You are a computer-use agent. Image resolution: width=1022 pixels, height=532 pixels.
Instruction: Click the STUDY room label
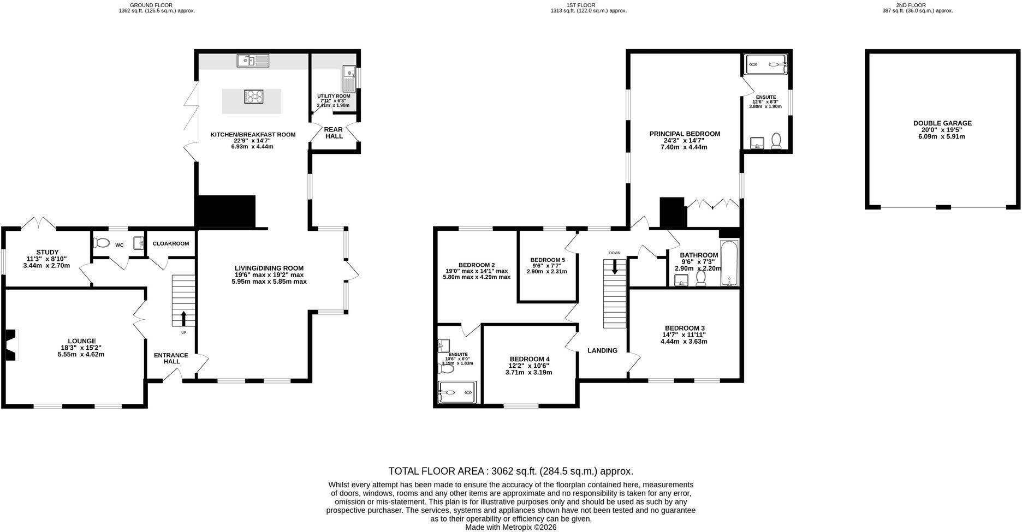(47, 252)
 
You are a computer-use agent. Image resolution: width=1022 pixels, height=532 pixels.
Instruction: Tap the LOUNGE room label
(82, 341)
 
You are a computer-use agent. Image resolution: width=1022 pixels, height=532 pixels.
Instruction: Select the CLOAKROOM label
(171, 243)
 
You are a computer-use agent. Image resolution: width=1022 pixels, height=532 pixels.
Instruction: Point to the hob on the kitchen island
(254, 96)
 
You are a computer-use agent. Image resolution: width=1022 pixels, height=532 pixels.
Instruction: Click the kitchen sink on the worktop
(253, 61)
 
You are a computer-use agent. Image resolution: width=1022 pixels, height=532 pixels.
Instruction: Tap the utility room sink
(349, 79)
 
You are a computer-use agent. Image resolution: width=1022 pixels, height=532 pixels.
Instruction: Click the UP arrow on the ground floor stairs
(183, 319)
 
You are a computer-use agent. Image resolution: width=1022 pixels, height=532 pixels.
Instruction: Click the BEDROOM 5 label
(548, 260)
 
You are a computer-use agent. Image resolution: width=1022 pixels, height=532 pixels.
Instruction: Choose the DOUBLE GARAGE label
(942, 123)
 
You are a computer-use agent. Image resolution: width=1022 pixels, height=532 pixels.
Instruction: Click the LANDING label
(602, 350)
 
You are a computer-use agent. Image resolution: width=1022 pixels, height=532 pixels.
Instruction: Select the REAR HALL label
(334, 133)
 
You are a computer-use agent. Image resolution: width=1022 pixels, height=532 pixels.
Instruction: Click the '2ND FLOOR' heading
(918, 5)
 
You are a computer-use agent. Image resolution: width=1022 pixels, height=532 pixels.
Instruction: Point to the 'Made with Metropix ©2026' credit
(511, 528)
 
